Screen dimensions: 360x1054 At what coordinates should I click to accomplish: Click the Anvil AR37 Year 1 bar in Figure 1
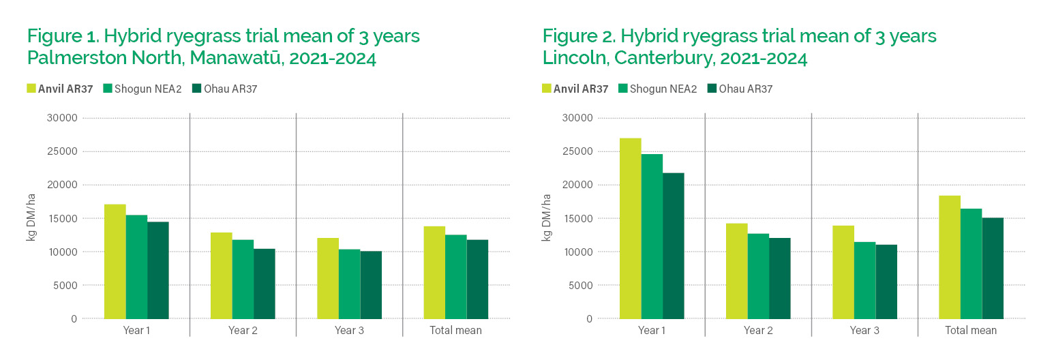pyautogui.click(x=115, y=262)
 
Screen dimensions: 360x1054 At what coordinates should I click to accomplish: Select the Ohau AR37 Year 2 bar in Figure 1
pyautogui.click(x=265, y=284)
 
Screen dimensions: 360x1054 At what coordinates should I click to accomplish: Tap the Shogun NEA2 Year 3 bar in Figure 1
pyautogui.click(x=350, y=284)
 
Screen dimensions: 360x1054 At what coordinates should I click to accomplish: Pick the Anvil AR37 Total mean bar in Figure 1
pyautogui.click(x=434, y=273)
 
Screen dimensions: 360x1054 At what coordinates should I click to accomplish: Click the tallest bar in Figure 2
pyautogui.click(x=631, y=228)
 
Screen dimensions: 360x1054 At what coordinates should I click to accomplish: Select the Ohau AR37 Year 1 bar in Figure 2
pyautogui.click(x=674, y=245)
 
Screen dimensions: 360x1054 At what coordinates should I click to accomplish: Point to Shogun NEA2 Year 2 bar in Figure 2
pyautogui.click(x=759, y=276)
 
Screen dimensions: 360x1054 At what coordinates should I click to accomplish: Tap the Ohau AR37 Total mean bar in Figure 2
pyautogui.click(x=993, y=268)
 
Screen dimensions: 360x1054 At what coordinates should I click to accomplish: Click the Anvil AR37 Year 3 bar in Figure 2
pyautogui.click(x=843, y=272)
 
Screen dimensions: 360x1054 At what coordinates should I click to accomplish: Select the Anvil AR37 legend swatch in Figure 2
pyautogui.click(x=547, y=89)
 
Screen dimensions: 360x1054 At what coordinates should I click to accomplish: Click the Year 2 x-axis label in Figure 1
pyautogui.click(x=243, y=331)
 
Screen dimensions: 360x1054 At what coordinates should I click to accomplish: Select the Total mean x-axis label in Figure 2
pyautogui.click(x=971, y=331)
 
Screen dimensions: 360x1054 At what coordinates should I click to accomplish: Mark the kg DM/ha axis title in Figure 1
pyautogui.click(x=31, y=218)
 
